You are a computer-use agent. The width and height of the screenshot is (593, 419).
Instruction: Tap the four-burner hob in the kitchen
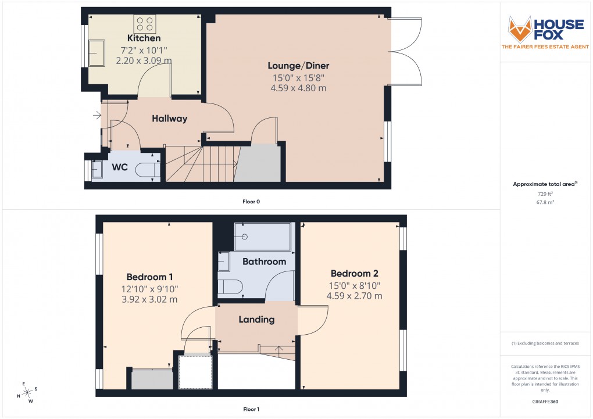click(x=145, y=24)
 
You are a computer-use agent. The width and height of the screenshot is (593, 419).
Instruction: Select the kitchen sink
click(x=97, y=53)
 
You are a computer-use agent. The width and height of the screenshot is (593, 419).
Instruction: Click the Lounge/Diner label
click(x=298, y=66)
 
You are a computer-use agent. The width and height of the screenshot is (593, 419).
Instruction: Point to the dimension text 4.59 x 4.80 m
click(x=298, y=88)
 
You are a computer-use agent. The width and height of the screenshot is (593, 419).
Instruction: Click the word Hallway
click(x=170, y=119)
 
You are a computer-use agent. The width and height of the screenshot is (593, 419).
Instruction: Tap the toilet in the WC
click(x=147, y=170)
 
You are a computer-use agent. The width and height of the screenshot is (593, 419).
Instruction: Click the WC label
click(x=120, y=167)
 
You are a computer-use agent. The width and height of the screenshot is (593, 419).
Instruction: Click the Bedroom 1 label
click(x=149, y=277)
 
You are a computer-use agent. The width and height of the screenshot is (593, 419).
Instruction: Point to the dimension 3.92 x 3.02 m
click(x=149, y=300)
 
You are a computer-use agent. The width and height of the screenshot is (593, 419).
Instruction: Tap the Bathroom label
click(x=264, y=262)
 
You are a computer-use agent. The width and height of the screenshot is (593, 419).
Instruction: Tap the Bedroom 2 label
click(x=355, y=274)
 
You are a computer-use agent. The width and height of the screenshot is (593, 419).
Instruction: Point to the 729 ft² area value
click(x=545, y=194)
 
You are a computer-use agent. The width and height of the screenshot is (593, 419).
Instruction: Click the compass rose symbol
click(x=27, y=393)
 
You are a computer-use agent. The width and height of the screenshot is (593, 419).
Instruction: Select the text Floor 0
click(x=251, y=202)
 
